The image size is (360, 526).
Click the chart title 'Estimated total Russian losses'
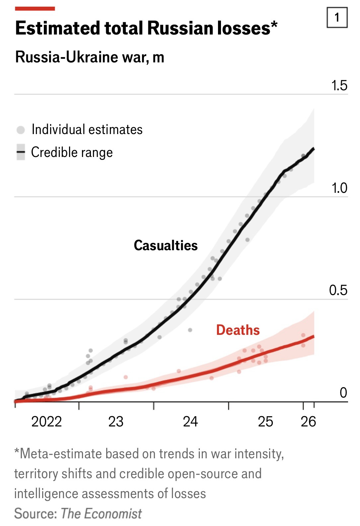point(146,28)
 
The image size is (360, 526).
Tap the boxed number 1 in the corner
point(337,17)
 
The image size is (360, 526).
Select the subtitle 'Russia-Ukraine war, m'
point(90,57)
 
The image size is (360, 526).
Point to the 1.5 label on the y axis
point(339,86)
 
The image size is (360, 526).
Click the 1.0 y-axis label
point(339,188)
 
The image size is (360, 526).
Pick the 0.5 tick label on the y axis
point(338,290)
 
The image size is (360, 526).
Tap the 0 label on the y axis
point(343,393)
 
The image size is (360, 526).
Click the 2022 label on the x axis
point(46,421)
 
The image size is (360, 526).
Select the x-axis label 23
point(116,421)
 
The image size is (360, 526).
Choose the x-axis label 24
point(190,421)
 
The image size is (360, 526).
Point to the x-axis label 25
point(265,421)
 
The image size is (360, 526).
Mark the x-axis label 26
point(308,421)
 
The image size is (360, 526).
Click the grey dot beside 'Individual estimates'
point(21,130)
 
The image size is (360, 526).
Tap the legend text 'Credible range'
point(72,152)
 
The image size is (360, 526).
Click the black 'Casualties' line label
point(166,245)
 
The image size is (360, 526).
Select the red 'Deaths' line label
point(238,330)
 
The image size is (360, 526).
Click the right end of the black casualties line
point(314,149)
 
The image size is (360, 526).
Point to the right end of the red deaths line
point(314,337)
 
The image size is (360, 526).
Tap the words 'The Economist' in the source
point(101,513)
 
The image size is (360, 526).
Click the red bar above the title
point(35,9)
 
